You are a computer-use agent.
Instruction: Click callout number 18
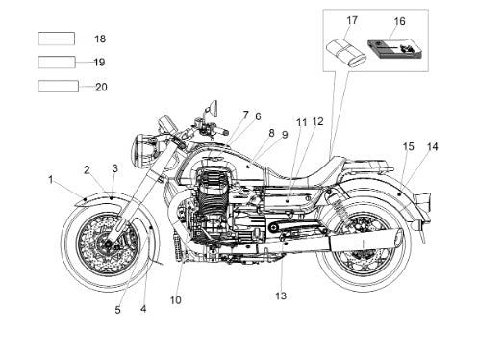tap(100, 39)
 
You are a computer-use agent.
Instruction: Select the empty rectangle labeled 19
tap(57, 63)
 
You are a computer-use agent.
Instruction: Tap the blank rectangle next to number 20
tap(59, 87)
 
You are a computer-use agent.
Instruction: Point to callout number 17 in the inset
tap(352, 20)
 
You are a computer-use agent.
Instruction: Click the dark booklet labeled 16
tap(395, 49)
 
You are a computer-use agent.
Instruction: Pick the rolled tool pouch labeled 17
tap(346, 53)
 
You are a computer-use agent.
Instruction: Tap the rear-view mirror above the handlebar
tap(213, 109)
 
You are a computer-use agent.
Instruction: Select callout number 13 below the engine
tap(281, 296)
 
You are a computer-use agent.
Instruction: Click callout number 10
tap(176, 300)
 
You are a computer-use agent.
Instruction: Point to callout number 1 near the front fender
tap(51, 179)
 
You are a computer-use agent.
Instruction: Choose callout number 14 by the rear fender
tap(432, 146)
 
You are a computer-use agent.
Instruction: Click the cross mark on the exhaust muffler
tap(364, 244)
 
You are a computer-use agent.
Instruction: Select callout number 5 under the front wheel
tap(117, 310)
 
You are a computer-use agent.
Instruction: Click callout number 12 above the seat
tap(317, 121)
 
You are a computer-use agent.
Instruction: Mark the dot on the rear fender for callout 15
tap(398, 194)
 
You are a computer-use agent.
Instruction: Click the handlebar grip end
tap(226, 132)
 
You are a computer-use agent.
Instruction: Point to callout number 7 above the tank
tap(245, 115)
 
